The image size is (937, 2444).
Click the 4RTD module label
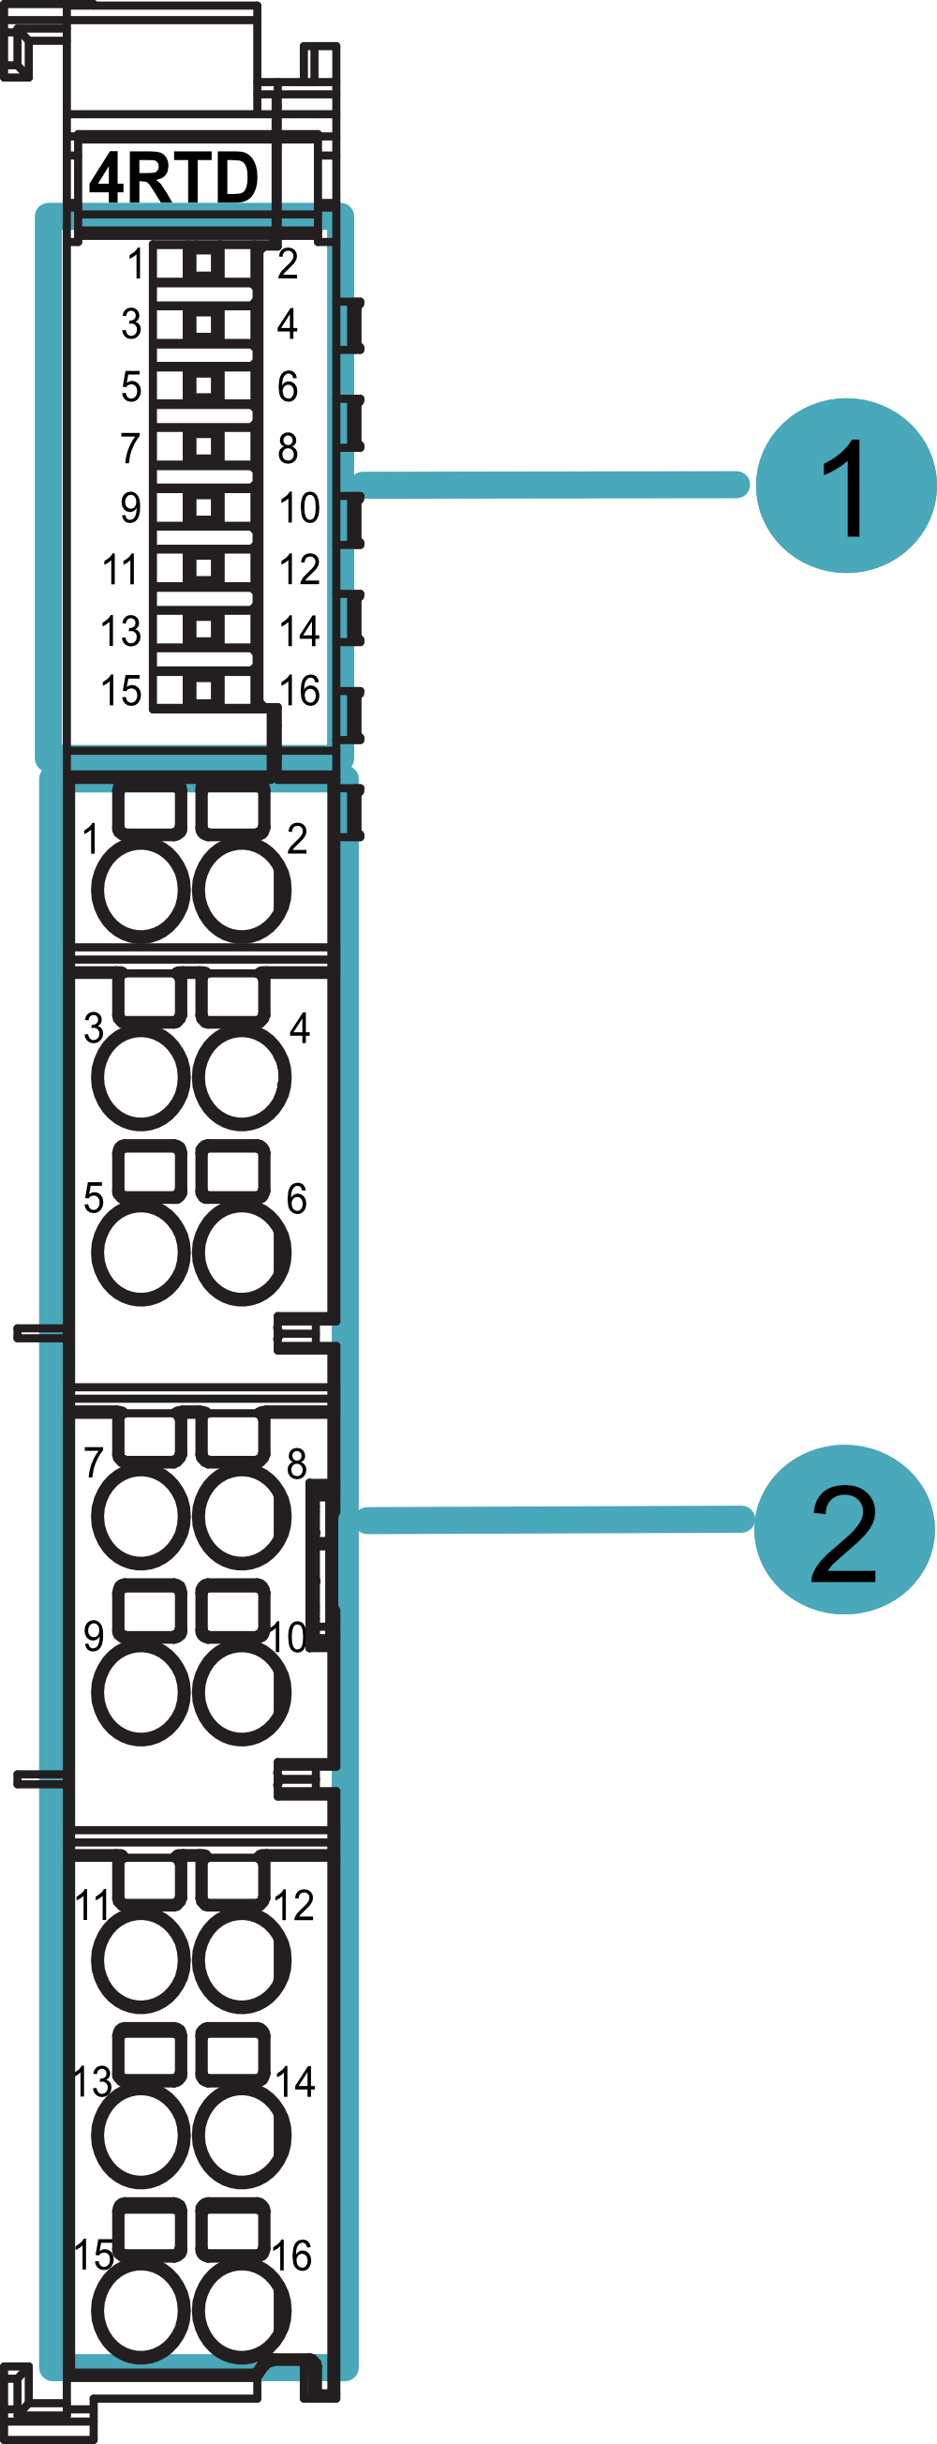tap(172, 177)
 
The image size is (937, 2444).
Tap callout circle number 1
tap(845, 486)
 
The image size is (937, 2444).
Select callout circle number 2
tap(843, 1528)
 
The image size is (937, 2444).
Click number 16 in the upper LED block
tap(300, 692)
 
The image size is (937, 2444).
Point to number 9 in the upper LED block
tap(131, 507)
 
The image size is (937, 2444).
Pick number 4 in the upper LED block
tap(288, 324)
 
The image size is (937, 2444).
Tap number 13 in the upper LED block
tap(122, 631)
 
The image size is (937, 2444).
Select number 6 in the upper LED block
tap(288, 386)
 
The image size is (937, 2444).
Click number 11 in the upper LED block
tap(121, 570)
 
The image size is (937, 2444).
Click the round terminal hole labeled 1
tap(141, 890)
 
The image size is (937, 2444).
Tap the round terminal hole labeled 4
tap(241, 1078)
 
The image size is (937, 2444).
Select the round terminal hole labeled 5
tap(141, 1252)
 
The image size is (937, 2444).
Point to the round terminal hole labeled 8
tap(241, 1515)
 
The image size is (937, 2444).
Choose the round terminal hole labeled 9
tap(141, 1691)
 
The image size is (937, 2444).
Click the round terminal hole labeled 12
tap(241, 1959)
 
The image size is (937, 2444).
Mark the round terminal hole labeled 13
tap(141, 2136)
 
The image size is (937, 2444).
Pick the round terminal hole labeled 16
tap(241, 2311)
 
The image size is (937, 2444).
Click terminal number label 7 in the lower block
tap(93, 1462)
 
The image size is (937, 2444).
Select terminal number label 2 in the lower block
tap(297, 839)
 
